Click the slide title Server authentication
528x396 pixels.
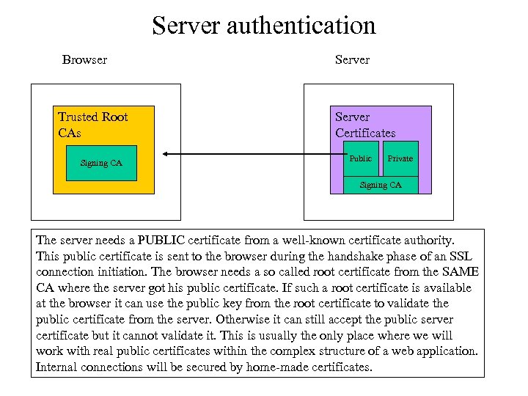264,26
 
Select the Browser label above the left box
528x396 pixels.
84,59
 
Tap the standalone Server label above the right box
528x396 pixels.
352,59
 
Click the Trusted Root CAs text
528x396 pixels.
92,125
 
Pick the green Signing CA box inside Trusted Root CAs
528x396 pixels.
101,163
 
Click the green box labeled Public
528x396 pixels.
361,158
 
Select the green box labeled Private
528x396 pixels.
400,158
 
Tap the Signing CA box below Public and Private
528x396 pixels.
381,186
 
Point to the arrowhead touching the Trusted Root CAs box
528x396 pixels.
166,155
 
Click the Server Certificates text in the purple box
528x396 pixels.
365,125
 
